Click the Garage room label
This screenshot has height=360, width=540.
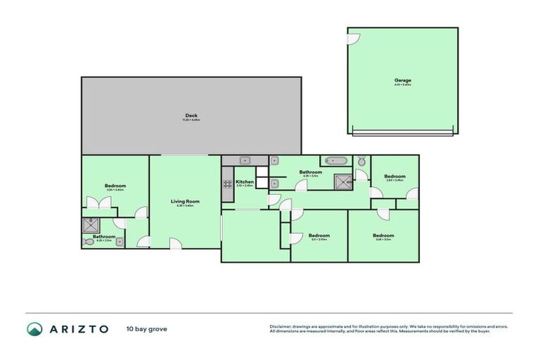(x=402, y=81)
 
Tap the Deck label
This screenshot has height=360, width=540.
(x=191, y=116)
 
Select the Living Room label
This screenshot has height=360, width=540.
(x=185, y=202)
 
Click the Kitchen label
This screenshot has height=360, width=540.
(x=245, y=182)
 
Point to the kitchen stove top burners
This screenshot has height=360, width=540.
(x=228, y=184)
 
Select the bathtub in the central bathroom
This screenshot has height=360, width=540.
(x=333, y=161)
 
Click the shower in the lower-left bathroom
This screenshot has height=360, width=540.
(x=91, y=225)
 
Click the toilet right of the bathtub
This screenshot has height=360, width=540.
(x=361, y=161)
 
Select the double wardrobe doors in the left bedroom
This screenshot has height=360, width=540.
(x=99, y=202)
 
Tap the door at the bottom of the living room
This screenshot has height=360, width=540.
(x=175, y=243)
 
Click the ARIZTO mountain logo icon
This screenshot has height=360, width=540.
(x=34, y=328)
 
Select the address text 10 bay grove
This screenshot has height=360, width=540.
(x=147, y=328)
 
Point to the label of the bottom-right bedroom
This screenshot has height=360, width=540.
(x=383, y=236)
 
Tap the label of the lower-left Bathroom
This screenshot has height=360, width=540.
(x=104, y=237)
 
